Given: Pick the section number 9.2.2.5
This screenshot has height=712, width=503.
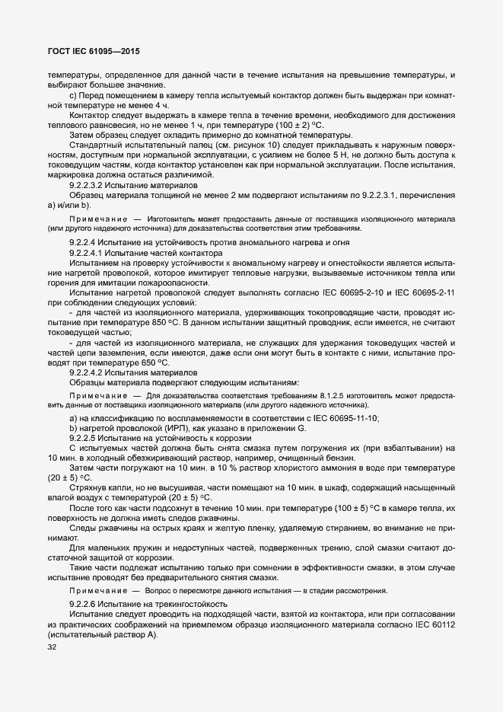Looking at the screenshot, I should [85, 438].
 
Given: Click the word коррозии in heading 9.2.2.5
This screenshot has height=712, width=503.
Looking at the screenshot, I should [231, 438].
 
